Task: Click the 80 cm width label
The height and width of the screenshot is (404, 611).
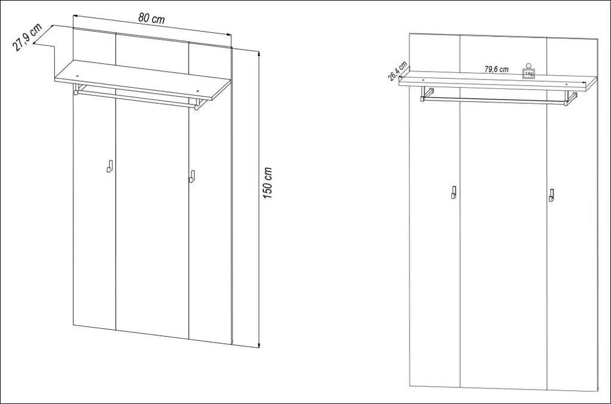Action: point(152,18)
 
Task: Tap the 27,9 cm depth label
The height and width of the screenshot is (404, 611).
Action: point(27,38)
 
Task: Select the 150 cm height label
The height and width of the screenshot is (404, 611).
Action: point(267,183)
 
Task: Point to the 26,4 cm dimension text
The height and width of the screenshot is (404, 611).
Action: point(397,71)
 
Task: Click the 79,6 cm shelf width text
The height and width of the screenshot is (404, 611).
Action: point(496,69)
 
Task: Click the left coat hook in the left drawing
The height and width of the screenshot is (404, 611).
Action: point(110,165)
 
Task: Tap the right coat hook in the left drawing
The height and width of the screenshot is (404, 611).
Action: point(192,176)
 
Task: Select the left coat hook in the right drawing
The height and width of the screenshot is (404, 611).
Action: point(454,192)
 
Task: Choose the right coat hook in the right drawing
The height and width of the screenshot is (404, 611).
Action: point(551,195)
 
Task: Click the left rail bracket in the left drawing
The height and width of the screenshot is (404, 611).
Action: point(77,89)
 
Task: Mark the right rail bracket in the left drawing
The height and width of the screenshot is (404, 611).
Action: point(198,104)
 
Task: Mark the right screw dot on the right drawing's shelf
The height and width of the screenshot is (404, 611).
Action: point(567,84)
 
